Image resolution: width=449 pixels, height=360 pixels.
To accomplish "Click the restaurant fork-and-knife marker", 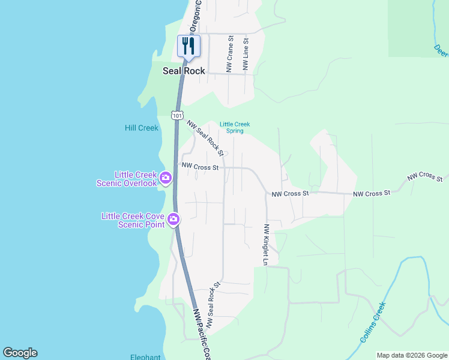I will coord(188,46).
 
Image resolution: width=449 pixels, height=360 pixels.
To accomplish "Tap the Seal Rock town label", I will coord(184,71).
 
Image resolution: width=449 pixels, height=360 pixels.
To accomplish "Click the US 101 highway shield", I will coord(176,114).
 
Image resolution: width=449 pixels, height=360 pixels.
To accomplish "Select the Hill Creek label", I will coord(141,128).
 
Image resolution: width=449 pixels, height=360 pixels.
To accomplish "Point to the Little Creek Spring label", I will coord(235,127).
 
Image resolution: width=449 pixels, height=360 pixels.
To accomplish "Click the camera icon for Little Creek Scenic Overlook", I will coord(166,178).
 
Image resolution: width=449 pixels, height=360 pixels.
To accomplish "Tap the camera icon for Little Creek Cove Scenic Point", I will coord(174,219).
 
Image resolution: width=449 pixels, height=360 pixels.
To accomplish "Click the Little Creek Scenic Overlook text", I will coord(127,179).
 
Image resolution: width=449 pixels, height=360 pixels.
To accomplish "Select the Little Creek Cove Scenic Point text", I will coord(134,220).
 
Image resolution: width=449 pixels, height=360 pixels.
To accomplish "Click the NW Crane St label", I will coord(229,54).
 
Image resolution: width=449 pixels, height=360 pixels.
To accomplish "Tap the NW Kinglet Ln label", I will coord(265,244).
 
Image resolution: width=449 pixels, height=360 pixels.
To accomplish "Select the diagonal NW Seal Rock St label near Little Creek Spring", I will coord(205,137).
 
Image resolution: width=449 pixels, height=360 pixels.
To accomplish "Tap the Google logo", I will coord(20,353).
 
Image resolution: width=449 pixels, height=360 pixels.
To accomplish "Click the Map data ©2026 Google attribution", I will coord(411,355).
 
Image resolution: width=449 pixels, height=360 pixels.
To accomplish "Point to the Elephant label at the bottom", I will coord(145,357).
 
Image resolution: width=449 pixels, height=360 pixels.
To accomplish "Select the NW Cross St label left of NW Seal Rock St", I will coord(200,167).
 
